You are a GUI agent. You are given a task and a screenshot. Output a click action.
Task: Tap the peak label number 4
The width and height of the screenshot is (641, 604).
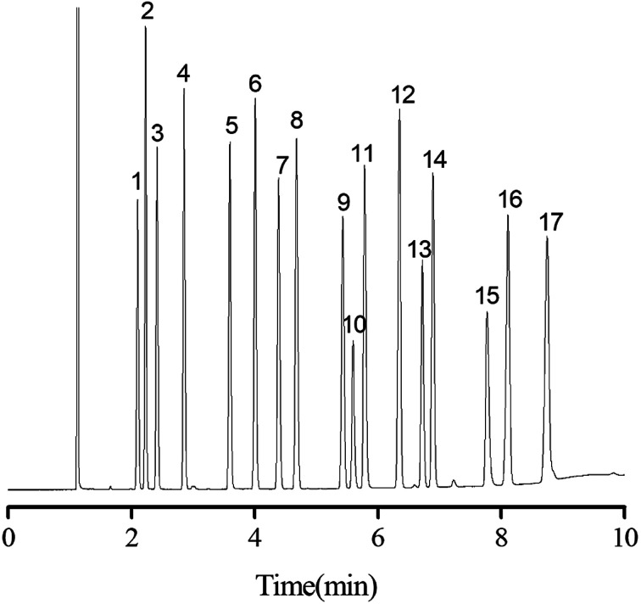click(x=183, y=74)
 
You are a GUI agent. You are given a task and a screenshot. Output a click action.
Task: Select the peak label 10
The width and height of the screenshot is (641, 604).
click(x=355, y=324)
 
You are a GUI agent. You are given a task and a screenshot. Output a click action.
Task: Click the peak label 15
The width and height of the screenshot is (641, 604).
click(x=487, y=296)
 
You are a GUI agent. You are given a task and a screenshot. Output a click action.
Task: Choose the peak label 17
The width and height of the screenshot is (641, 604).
click(x=550, y=222)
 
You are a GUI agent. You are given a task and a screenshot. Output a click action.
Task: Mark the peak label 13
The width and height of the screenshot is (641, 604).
click(x=419, y=250)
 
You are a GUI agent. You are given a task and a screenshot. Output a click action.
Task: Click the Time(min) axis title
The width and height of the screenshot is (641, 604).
click(x=319, y=585)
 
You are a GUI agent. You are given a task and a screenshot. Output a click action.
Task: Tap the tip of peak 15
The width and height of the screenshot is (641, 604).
click(x=487, y=312)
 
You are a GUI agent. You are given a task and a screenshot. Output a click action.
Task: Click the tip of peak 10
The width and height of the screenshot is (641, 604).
click(x=353, y=341)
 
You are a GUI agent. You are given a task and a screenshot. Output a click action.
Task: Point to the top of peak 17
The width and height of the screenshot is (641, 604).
click(x=547, y=238)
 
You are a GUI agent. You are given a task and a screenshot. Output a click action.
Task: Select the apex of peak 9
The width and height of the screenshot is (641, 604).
click(x=343, y=217)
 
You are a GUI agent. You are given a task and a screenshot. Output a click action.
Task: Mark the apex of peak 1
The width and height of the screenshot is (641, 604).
click(x=137, y=199)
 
